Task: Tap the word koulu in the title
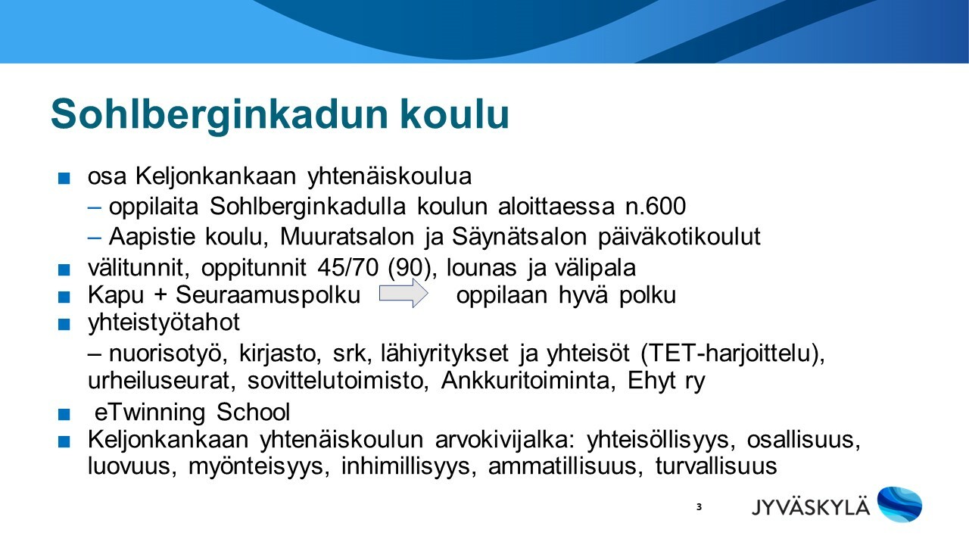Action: pyautogui.click(x=454, y=114)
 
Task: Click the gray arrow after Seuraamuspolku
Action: pyautogui.click(x=403, y=293)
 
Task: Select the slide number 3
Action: pyautogui.click(x=699, y=507)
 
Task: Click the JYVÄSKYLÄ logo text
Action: pyautogui.click(x=810, y=506)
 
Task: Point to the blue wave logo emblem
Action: pyautogui.click(x=899, y=504)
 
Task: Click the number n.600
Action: pyautogui.click(x=656, y=207)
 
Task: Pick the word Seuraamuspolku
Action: pyautogui.click(x=268, y=296)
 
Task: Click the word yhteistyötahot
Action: pyautogui.click(x=164, y=323)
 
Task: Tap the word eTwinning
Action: pyautogui.click(x=150, y=413)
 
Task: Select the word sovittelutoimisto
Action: pyautogui.click(x=338, y=381)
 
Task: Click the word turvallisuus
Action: pyautogui.click(x=716, y=466)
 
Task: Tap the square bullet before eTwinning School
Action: pyautogui.click(x=64, y=414)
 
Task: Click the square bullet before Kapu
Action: pyautogui.click(x=64, y=297)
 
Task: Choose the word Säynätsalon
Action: pyautogui.click(x=519, y=238)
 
